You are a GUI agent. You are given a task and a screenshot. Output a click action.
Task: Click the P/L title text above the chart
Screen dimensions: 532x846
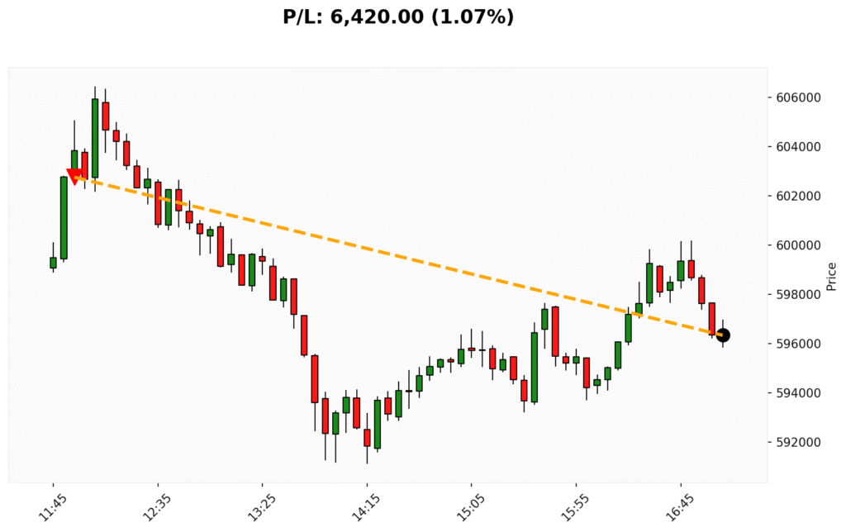tap(398, 17)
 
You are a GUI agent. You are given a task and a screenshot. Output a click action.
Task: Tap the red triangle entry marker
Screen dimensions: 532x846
tap(74, 175)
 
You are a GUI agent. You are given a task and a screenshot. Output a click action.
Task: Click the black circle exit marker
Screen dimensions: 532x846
tap(723, 335)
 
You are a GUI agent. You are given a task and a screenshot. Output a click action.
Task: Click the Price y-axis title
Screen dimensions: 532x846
tap(831, 277)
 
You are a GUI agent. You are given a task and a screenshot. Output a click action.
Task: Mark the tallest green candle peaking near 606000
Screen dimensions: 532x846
tap(95, 138)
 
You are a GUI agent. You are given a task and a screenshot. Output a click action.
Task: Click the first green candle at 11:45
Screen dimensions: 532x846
tap(53, 263)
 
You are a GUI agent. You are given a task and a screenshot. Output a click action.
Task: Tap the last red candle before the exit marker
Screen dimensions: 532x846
tap(711, 318)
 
